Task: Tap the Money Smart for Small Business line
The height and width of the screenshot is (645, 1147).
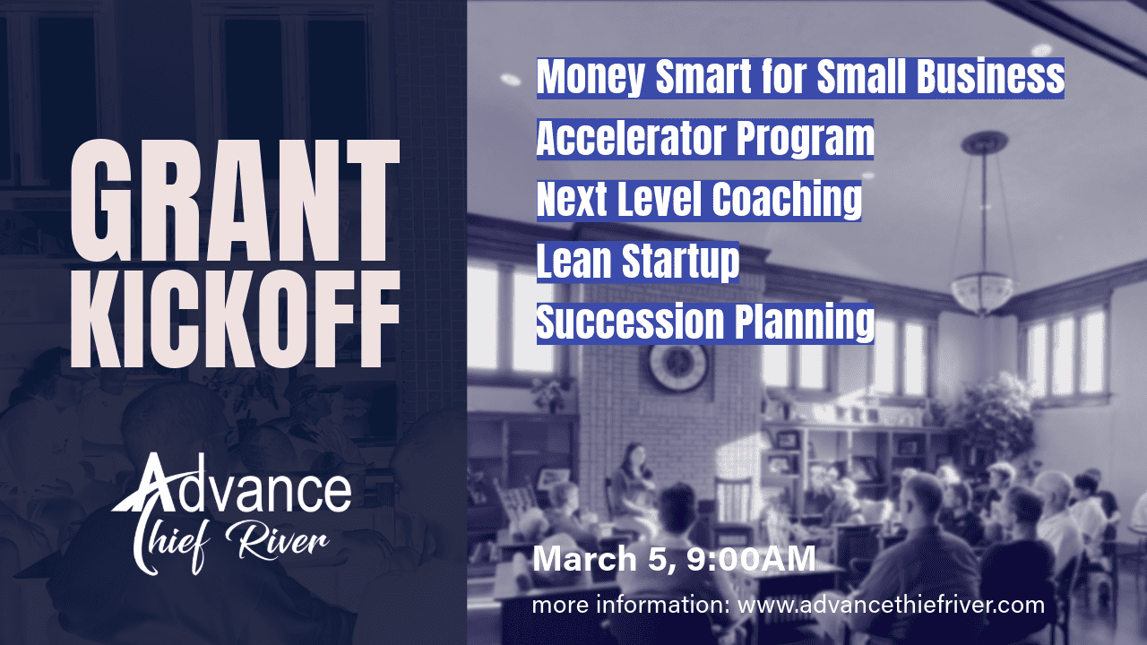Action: [800, 79]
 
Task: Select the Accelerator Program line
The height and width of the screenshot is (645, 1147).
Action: [705, 139]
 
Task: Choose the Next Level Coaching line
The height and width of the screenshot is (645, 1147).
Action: [699, 200]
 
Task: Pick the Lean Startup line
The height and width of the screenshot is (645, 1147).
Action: [638, 262]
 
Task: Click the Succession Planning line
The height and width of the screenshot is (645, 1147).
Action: [705, 322]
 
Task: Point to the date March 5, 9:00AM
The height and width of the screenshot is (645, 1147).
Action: [674, 560]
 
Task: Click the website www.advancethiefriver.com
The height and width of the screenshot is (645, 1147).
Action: [892, 605]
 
